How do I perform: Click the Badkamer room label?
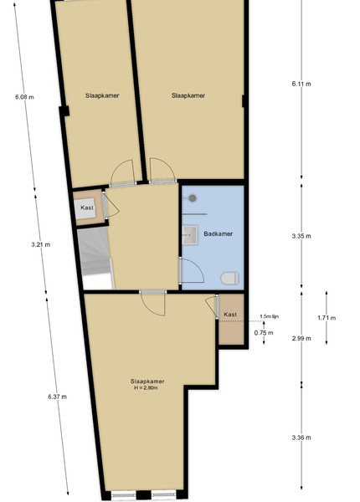coord(219,233)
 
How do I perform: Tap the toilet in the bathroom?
coord(230,278)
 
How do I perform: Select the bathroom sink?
coord(190,234)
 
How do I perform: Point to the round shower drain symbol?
coord(193,198)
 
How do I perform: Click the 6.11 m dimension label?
coord(301,84)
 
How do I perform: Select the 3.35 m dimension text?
coord(301,236)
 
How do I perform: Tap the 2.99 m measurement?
coord(301,338)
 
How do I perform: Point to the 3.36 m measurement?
coord(301,438)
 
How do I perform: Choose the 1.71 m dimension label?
coord(327,318)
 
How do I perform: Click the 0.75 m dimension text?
coord(264,333)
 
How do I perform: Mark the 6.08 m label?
coord(24,97)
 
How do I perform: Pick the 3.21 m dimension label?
coord(41,245)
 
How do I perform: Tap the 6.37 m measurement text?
coord(57,397)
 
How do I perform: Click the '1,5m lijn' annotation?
coord(269,316)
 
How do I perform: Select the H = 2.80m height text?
coord(146,388)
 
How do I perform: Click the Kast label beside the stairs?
coord(87,207)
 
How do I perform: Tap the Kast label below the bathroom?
coord(230,315)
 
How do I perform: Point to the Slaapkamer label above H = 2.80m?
coord(147,382)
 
